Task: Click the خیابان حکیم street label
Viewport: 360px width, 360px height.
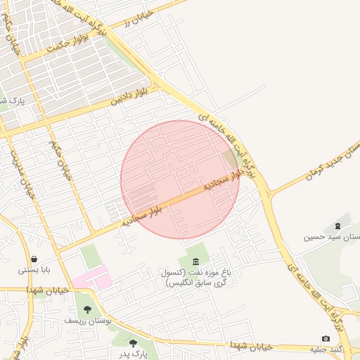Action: (x=59, y=159)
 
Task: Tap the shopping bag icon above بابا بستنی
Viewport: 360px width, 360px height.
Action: (x=34, y=259)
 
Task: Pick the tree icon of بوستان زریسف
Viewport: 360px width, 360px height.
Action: (x=87, y=309)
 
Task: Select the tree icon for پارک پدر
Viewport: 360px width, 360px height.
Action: (x=133, y=343)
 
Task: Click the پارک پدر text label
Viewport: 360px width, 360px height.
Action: (x=133, y=354)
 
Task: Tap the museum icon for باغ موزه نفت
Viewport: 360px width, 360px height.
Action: (x=195, y=262)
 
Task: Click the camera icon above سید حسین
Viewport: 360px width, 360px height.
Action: (x=337, y=226)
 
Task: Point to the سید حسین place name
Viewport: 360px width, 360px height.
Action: (x=331, y=237)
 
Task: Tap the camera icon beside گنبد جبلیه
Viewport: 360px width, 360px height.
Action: (x=325, y=339)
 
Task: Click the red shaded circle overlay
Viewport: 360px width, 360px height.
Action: (x=180, y=179)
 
